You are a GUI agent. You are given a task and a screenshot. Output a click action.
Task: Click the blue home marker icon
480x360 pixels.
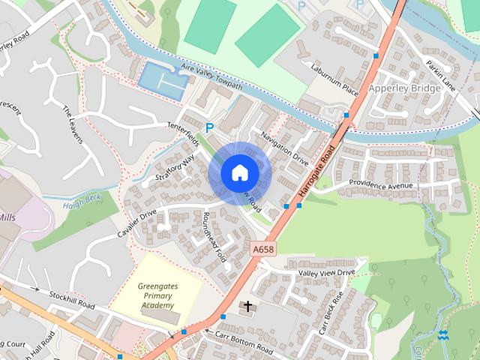pyautogui.click(x=239, y=173)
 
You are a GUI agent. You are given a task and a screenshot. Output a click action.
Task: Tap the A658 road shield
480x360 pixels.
pyautogui.click(x=262, y=248)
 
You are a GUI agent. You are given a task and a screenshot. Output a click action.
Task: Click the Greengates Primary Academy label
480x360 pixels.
pyautogui.click(x=156, y=295)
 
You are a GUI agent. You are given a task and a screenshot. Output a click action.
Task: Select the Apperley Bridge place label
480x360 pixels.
pyautogui.click(x=404, y=88)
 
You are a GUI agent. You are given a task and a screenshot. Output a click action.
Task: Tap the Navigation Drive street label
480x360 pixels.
pyautogui.click(x=285, y=148)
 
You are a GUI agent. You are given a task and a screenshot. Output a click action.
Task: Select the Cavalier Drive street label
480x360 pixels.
pyautogui.click(x=136, y=223)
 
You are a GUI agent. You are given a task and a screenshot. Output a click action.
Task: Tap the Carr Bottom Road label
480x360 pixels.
pyautogui.click(x=244, y=341)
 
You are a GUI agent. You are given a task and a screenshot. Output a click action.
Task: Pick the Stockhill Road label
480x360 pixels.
pyautogui.click(x=73, y=301)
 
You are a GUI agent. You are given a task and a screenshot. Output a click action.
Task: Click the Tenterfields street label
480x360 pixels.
pyautogui.click(x=184, y=134)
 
